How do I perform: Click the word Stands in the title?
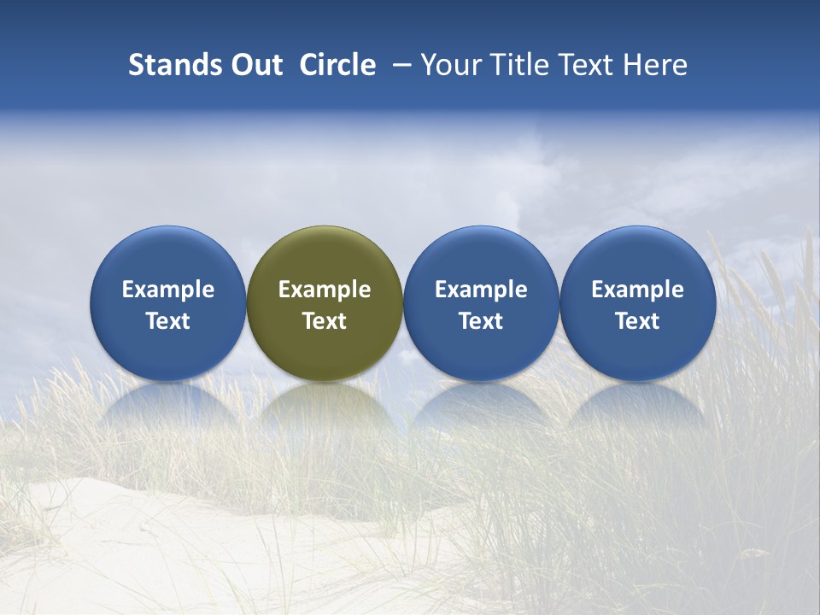click(176, 65)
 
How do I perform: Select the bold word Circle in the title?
click(337, 65)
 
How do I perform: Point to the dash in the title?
click(400, 65)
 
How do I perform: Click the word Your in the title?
click(448, 65)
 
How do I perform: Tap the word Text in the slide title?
click(586, 65)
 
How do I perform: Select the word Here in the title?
click(655, 65)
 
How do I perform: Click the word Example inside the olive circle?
click(325, 290)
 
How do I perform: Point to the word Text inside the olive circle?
click(325, 321)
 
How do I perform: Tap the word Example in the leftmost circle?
click(167, 290)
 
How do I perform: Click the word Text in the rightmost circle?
click(638, 321)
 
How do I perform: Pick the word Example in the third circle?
click(481, 290)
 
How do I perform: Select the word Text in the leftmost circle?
click(167, 321)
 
